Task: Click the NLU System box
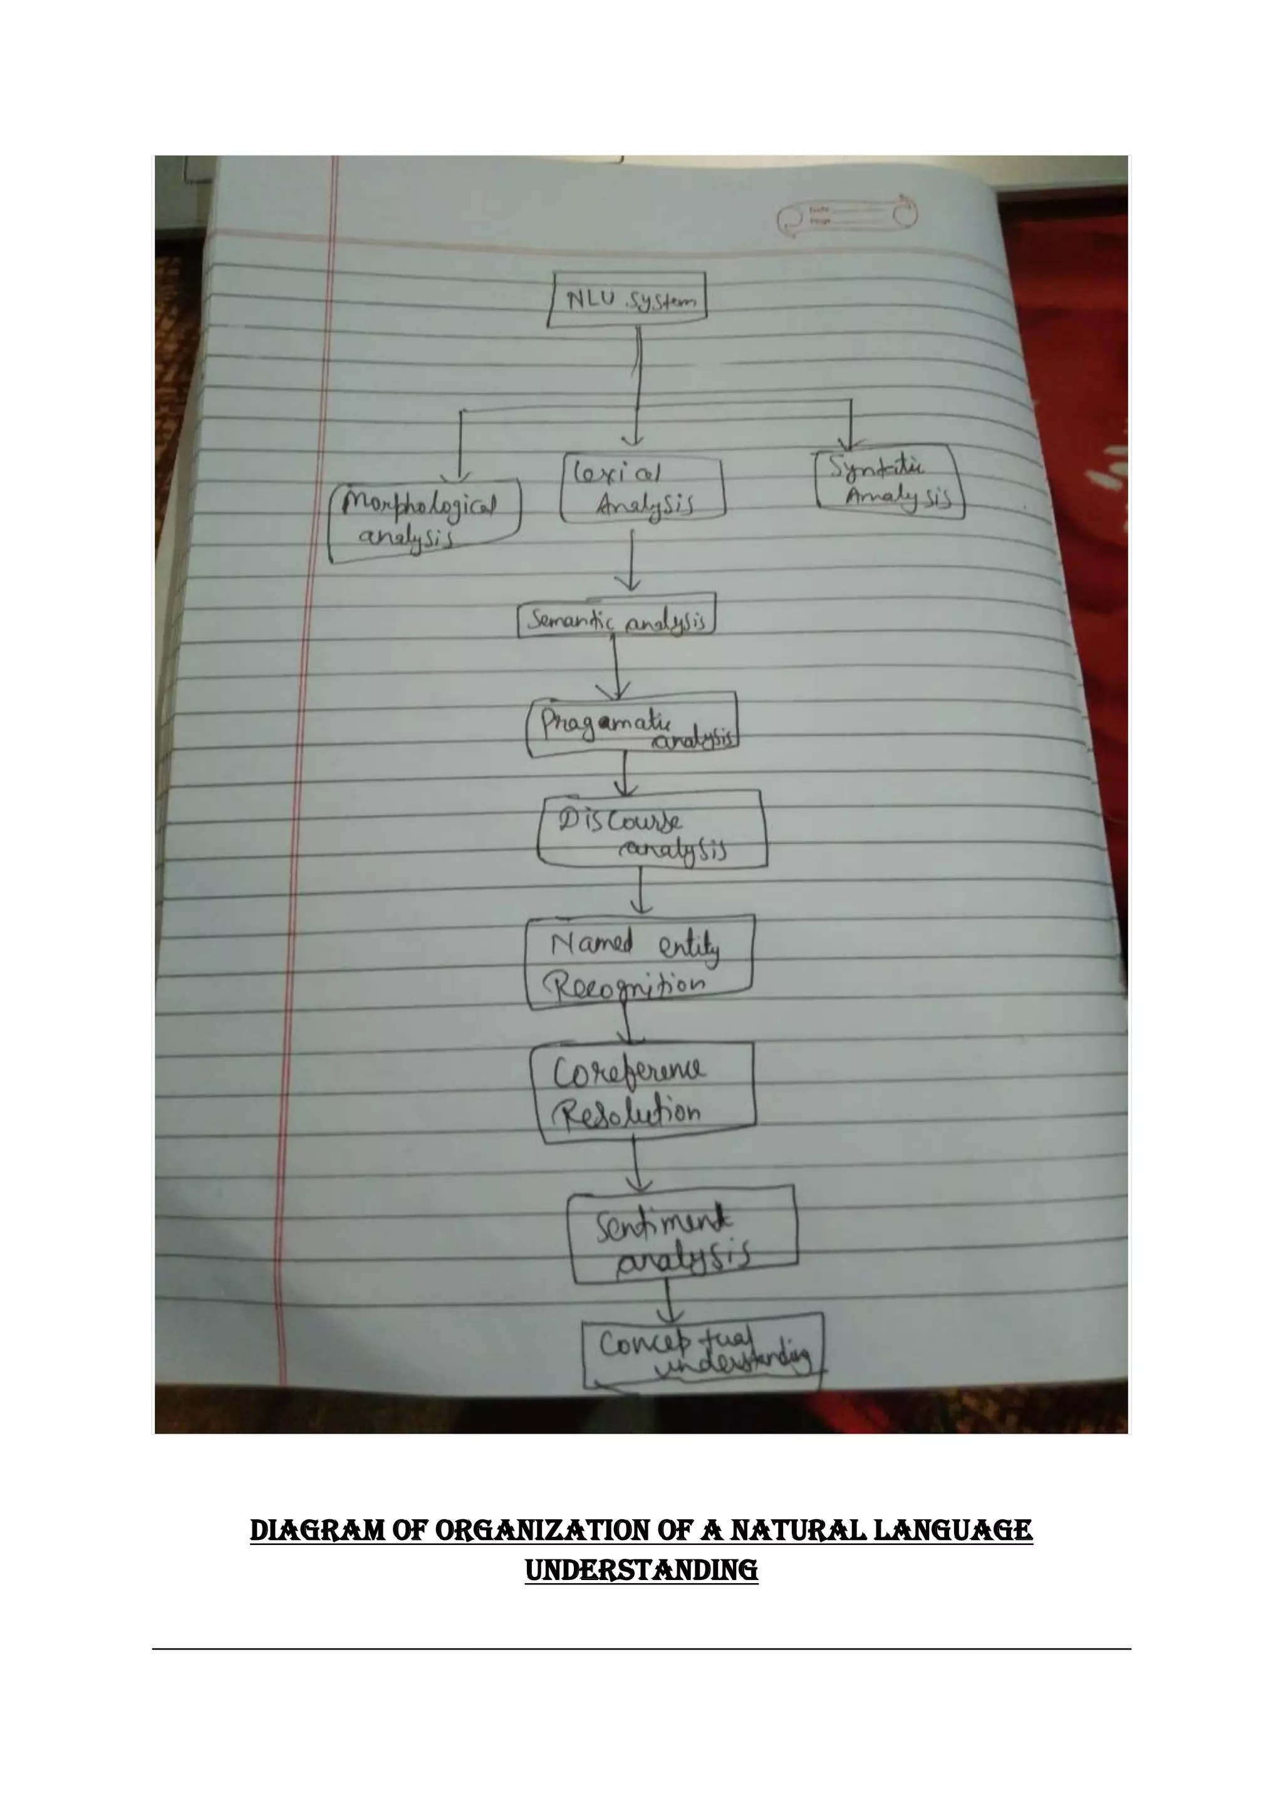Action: [x=628, y=299]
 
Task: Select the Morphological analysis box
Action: [x=425, y=519]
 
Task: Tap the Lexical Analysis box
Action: [x=642, y=490]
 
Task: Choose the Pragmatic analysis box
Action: [x=632, y=724]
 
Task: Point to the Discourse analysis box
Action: [x=652, y=830]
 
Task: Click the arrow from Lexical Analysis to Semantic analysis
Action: [x=631, y=559]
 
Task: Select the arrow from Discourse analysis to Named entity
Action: [x=641, y=892]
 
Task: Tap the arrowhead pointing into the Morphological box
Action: [x=459, y=474]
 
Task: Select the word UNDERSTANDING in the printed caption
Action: [x=641, y=1571]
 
